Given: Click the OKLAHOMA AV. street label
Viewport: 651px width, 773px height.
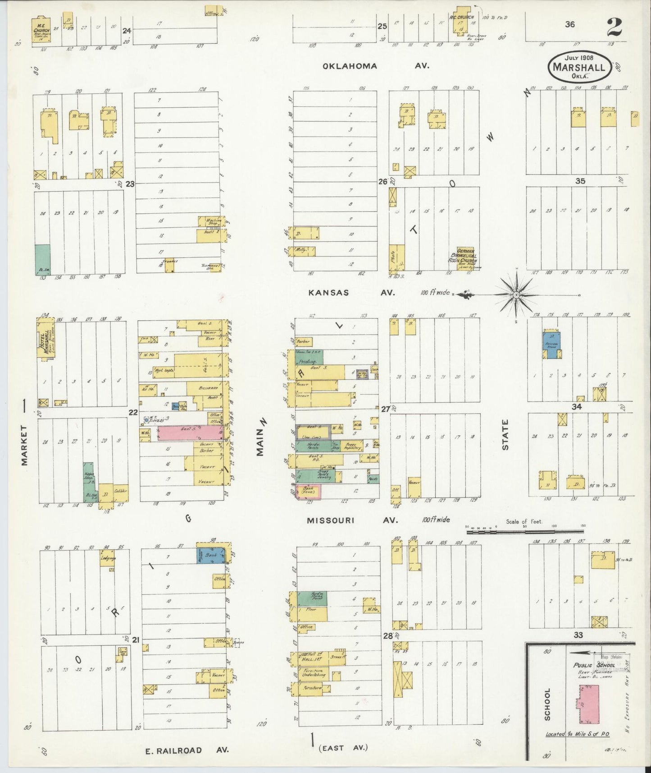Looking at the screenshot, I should coord(375,66).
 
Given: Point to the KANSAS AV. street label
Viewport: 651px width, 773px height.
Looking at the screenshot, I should coord(351,292).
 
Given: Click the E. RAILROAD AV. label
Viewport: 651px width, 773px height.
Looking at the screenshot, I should coord(187,750).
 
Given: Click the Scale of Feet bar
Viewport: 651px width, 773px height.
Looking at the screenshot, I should coord(524,532).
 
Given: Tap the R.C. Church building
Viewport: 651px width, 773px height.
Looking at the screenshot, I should coord(461,21).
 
